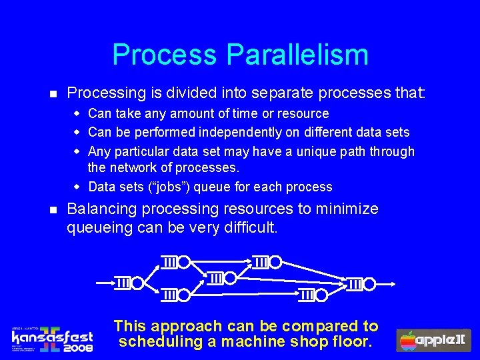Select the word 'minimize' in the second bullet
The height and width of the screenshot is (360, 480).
(349, 209)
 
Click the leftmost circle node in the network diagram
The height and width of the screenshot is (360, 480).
(137, 283)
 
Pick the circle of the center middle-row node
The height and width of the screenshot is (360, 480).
(229, 278)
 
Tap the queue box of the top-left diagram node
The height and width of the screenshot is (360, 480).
(170, 262)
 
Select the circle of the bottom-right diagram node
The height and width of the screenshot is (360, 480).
(319, 295)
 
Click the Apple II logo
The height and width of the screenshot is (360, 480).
(434, 340)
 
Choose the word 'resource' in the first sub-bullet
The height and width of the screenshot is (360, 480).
(304, 114)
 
